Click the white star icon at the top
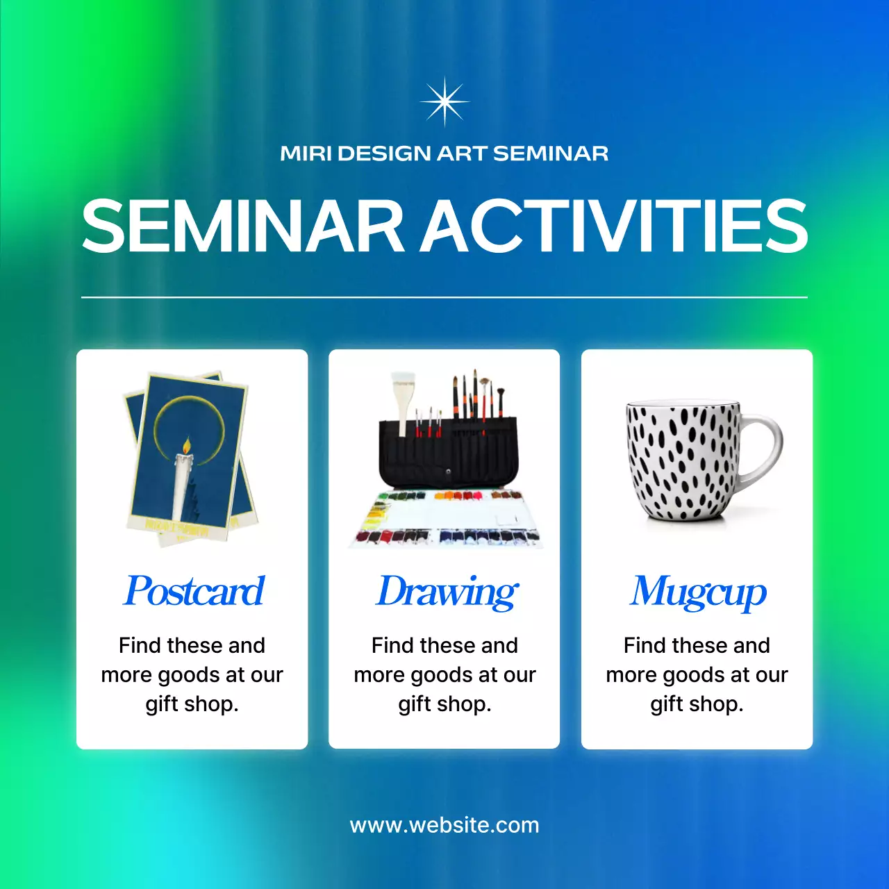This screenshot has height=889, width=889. pyautogui.click(x=444, y=102)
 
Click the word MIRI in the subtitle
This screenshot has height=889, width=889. pyautogui.click(x=306, y=153)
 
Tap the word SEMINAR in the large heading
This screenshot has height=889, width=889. pyautogui.click(x=243, y=226)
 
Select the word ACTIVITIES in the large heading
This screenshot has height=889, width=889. pyautogui.click(x=615, y=226)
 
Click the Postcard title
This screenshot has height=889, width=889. pyautogui.click(x=194, y=591)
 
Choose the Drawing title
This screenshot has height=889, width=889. pyautogui.click(x=447, y=592)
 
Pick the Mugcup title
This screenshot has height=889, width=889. pyautogui.click(x=698, y=592)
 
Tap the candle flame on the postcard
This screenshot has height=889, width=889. pyautogui.click(x=186, y=444)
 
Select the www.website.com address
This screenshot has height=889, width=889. pyautogui.click(x=444, y=825)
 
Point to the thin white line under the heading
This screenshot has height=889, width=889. pyautogui.click(x=444, y=297)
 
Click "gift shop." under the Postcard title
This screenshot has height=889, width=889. pyautogui.click(x=192, y=704)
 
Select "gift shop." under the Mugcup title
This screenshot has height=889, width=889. pyautogui.click(x=697, y=704)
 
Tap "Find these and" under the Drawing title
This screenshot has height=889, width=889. pyautogui.click(x=444, y=645)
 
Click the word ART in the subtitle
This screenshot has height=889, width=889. pyautogui.click(x=462, y=153)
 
